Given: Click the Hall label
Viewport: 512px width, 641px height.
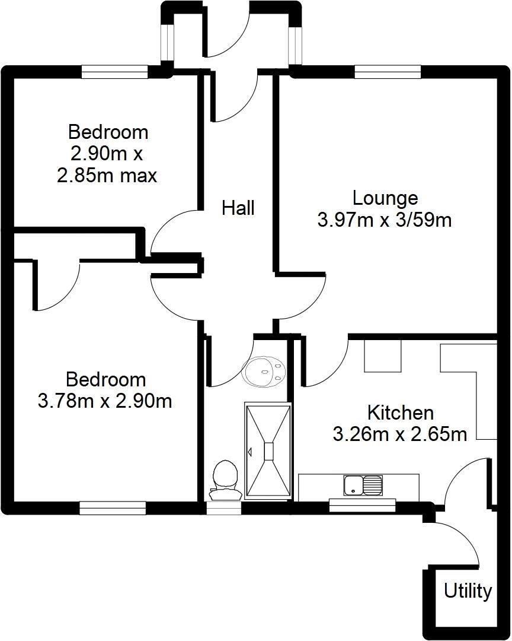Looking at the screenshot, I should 238,208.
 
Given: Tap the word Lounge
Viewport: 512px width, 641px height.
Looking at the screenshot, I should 385,198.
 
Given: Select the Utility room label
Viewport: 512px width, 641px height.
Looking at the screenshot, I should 468,591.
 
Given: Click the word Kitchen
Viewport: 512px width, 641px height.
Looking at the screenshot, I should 401,412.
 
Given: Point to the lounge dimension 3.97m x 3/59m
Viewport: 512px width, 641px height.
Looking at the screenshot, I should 385,220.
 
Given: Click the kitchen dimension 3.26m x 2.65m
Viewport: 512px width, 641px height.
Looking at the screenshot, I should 400,434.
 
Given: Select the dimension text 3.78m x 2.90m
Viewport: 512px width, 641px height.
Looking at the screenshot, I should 105,401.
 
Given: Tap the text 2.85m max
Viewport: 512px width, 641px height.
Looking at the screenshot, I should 107,176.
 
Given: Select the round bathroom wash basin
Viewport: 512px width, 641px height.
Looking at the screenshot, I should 264,371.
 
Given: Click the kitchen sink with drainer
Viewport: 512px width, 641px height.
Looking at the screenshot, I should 363,485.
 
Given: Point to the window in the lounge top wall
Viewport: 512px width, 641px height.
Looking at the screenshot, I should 388,72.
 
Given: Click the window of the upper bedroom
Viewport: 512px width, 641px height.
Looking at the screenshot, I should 114,72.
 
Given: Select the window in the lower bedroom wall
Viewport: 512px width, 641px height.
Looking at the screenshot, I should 113,508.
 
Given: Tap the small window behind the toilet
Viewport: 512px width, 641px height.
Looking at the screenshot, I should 225,508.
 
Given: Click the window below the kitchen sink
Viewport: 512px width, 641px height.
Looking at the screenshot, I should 354,506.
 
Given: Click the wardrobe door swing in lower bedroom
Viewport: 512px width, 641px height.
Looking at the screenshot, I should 56,285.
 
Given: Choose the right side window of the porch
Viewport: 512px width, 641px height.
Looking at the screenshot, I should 295,44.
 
